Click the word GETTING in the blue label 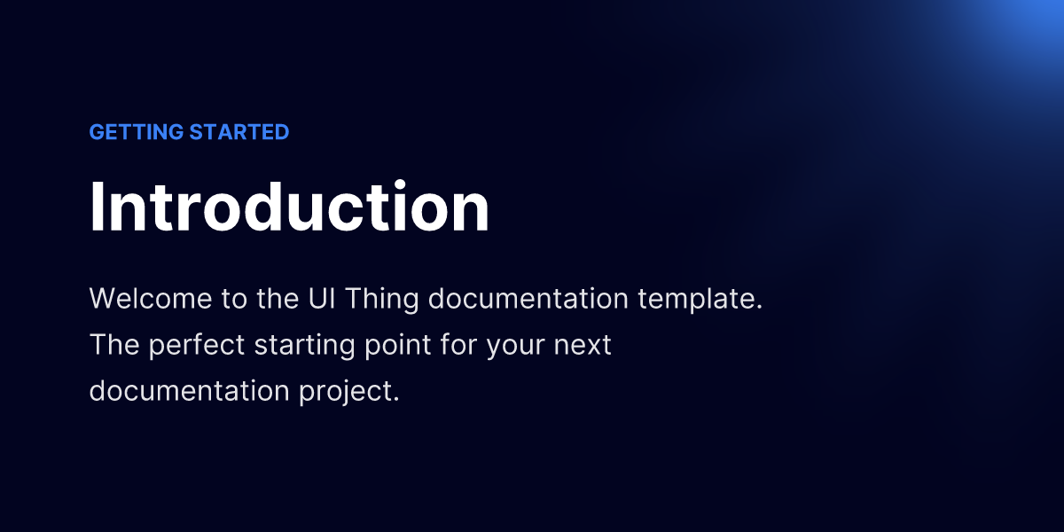click(x=137, y=132)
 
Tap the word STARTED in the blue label click(x=239, y=132)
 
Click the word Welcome click(x=151, y=298)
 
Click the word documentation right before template click(x=528, y=298)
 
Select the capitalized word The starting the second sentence click(x=114, y=344)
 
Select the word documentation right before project click(x=190, y=390)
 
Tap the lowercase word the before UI click(x=278, y=298)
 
